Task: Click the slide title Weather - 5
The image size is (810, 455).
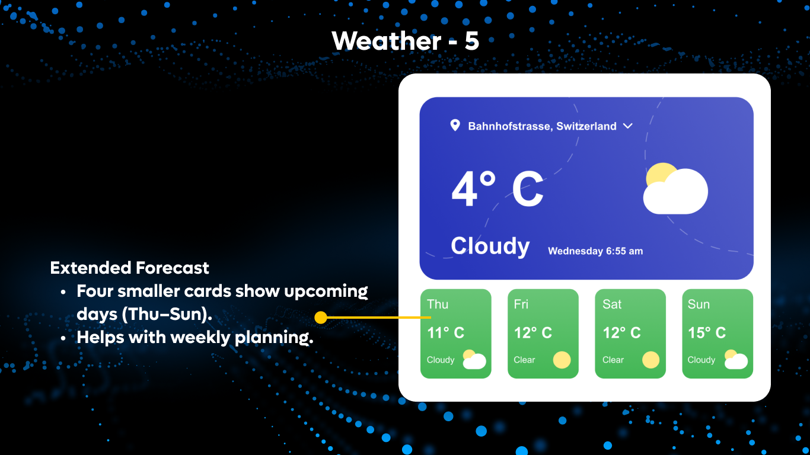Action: tap(405, 41)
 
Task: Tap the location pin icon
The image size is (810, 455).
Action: tap(455, 125)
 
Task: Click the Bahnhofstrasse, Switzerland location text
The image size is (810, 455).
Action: tap(542, 126)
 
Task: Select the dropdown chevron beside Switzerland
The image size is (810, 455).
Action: tap(628, 126)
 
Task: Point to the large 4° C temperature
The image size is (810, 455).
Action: tap(497, 189)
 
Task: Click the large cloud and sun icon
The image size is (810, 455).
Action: tap(675, 189)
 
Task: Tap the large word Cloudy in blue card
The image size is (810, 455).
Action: tap(490, 246)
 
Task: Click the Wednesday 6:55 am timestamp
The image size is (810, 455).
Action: tap(595, 251)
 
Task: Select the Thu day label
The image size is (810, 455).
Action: tap(438, 305)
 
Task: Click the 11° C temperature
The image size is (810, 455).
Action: tap(445, 333)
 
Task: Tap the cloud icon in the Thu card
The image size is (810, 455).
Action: tap(474, 360)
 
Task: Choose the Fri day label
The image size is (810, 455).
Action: tap(521, 305)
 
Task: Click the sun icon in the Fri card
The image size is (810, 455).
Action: tap(562, 360)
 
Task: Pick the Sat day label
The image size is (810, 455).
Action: tap(612, 305)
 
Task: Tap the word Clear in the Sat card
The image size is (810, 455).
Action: tap(613, 360)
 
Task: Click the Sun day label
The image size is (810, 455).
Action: tap(699, 305)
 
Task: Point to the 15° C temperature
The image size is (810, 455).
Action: tap(706, 333)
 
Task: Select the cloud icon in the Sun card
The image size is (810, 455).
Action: tap(735, 360)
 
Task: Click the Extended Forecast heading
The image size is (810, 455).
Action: tap(129, 268)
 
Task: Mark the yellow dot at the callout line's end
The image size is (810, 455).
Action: tap(321, 318)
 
